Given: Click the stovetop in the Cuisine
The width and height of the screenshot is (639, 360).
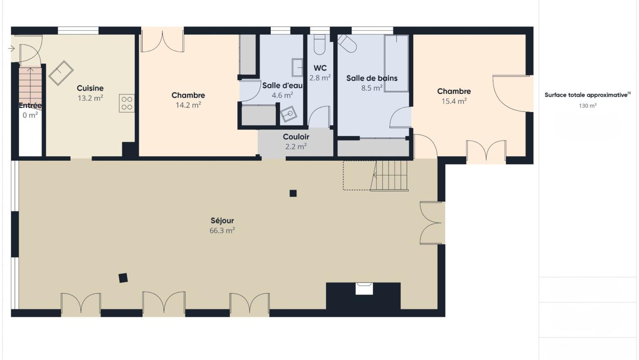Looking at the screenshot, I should pos(127,103).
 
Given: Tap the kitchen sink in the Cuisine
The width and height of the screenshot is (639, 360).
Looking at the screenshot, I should pos(61,73).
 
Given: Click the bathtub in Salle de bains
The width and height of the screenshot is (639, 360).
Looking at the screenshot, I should pos(396,63).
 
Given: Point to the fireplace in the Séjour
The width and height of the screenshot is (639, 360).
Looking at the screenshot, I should pos(364,288).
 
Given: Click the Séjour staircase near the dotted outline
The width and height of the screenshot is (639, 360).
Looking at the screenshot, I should pos(389,175).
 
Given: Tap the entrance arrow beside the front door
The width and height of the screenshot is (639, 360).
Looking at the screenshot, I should pos(11,49).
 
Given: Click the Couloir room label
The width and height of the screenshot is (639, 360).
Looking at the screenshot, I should pos(296,137).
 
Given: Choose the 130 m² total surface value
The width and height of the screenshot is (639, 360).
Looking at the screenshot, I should pos(588,106).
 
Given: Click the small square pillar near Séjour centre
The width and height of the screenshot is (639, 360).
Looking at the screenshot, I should pos(293,193).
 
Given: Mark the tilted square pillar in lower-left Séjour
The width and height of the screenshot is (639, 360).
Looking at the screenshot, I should pos(123,278).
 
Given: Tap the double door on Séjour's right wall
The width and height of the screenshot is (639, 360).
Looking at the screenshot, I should pos(430,223).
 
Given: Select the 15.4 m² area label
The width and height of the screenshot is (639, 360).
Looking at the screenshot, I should pos(454,101).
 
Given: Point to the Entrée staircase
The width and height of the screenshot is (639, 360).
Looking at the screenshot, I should pos(30,88).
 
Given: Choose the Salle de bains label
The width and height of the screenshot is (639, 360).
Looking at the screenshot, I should pos(371,78).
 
